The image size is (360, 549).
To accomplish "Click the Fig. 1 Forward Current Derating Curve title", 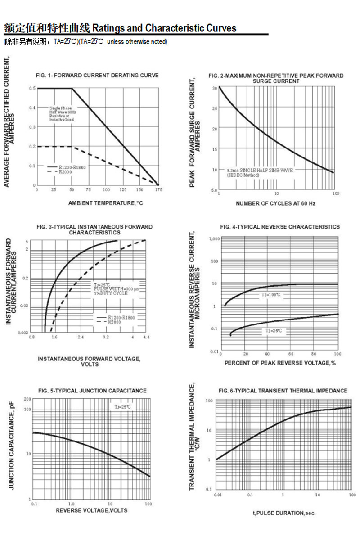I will pyautogui.click(x=97, y=76).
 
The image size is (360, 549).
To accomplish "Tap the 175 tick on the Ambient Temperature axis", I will pyautogui.click(x=158, y=190).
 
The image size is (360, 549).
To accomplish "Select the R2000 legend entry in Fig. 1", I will pyautogui.click(x=65, y=171).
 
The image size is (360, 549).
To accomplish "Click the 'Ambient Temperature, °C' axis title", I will pyautogui.click(x=106, y=203).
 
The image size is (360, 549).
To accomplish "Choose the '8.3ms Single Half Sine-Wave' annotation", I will pyautogui.click(x=260, y=170).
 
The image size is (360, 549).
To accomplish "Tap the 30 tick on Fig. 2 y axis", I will pyautogui.click(x=215, y=88).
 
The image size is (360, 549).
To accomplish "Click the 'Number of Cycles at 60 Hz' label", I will pyautogui.click(x=276, y=203).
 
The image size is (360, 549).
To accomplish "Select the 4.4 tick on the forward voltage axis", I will pyautogui.click(x=146, y=337).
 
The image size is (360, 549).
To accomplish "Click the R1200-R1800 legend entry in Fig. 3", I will pyautogui.click(x=121, y=317).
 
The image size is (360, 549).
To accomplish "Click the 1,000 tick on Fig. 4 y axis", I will pyautogui.click(x=213, y=239).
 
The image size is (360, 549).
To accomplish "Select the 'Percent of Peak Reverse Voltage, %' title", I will pyautogui.click(x=280, y=363).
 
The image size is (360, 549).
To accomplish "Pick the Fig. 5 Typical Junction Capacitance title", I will pyautogui.click(x=92, y=391).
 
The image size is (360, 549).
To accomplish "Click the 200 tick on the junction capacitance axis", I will pyautogui.click(x=27, y=399).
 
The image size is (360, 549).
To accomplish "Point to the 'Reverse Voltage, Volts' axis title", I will pyautogui.click(x=91, y=510).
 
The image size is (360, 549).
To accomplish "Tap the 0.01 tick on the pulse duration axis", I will pyautogui.click(x=218, y=495).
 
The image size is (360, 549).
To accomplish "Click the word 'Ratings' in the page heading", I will pyautogui.click(x=108, y=28).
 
